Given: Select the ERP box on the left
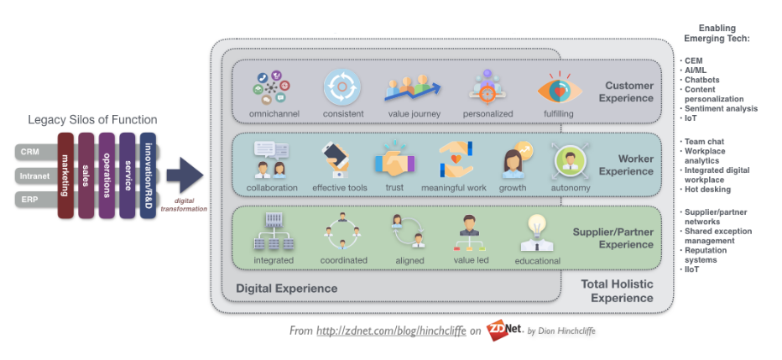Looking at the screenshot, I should click(30, 200).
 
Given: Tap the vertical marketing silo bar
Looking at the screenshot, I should click(65, 175).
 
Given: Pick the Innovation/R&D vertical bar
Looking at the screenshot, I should click(148, 175).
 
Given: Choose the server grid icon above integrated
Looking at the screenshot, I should click(274, 232).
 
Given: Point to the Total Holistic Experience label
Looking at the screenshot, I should click(617, 291).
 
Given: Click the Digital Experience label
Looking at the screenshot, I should click(286, 288).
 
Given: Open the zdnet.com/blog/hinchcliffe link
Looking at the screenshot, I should click(392, 331).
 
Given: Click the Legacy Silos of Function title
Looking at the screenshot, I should click(86, 120).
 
